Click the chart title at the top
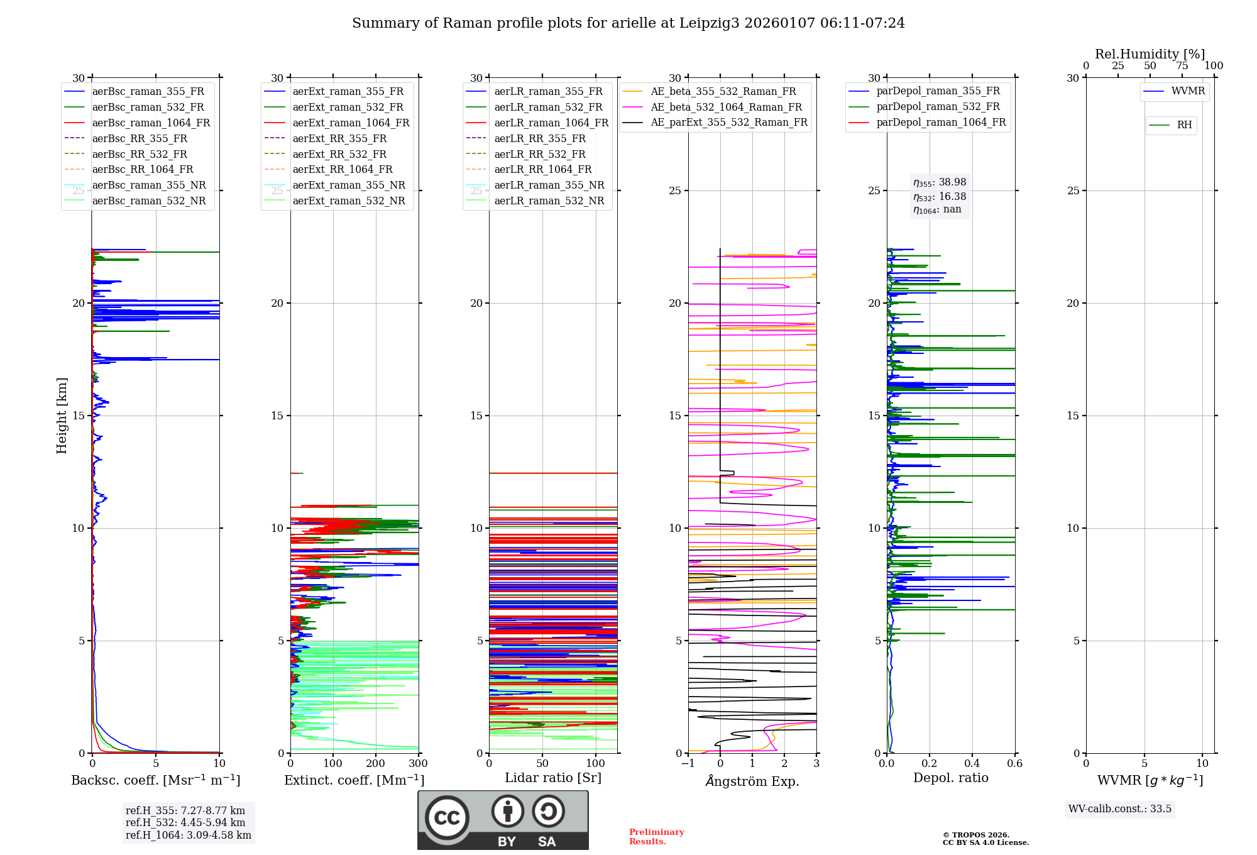(628, 23)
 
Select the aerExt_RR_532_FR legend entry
(339, 154)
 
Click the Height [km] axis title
(62, 416)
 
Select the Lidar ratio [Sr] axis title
(553, 778)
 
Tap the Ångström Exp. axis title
(752, 781)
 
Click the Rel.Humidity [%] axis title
(1150, 54)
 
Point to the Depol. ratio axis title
(950, 778)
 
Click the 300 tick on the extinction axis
(419, 764)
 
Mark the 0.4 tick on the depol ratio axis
(972, 764)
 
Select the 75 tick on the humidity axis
(1182, 66)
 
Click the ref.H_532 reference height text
(185, 822)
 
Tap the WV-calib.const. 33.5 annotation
(1120, 809)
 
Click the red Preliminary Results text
(656, 837)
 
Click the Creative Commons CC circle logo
(447, 818)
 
